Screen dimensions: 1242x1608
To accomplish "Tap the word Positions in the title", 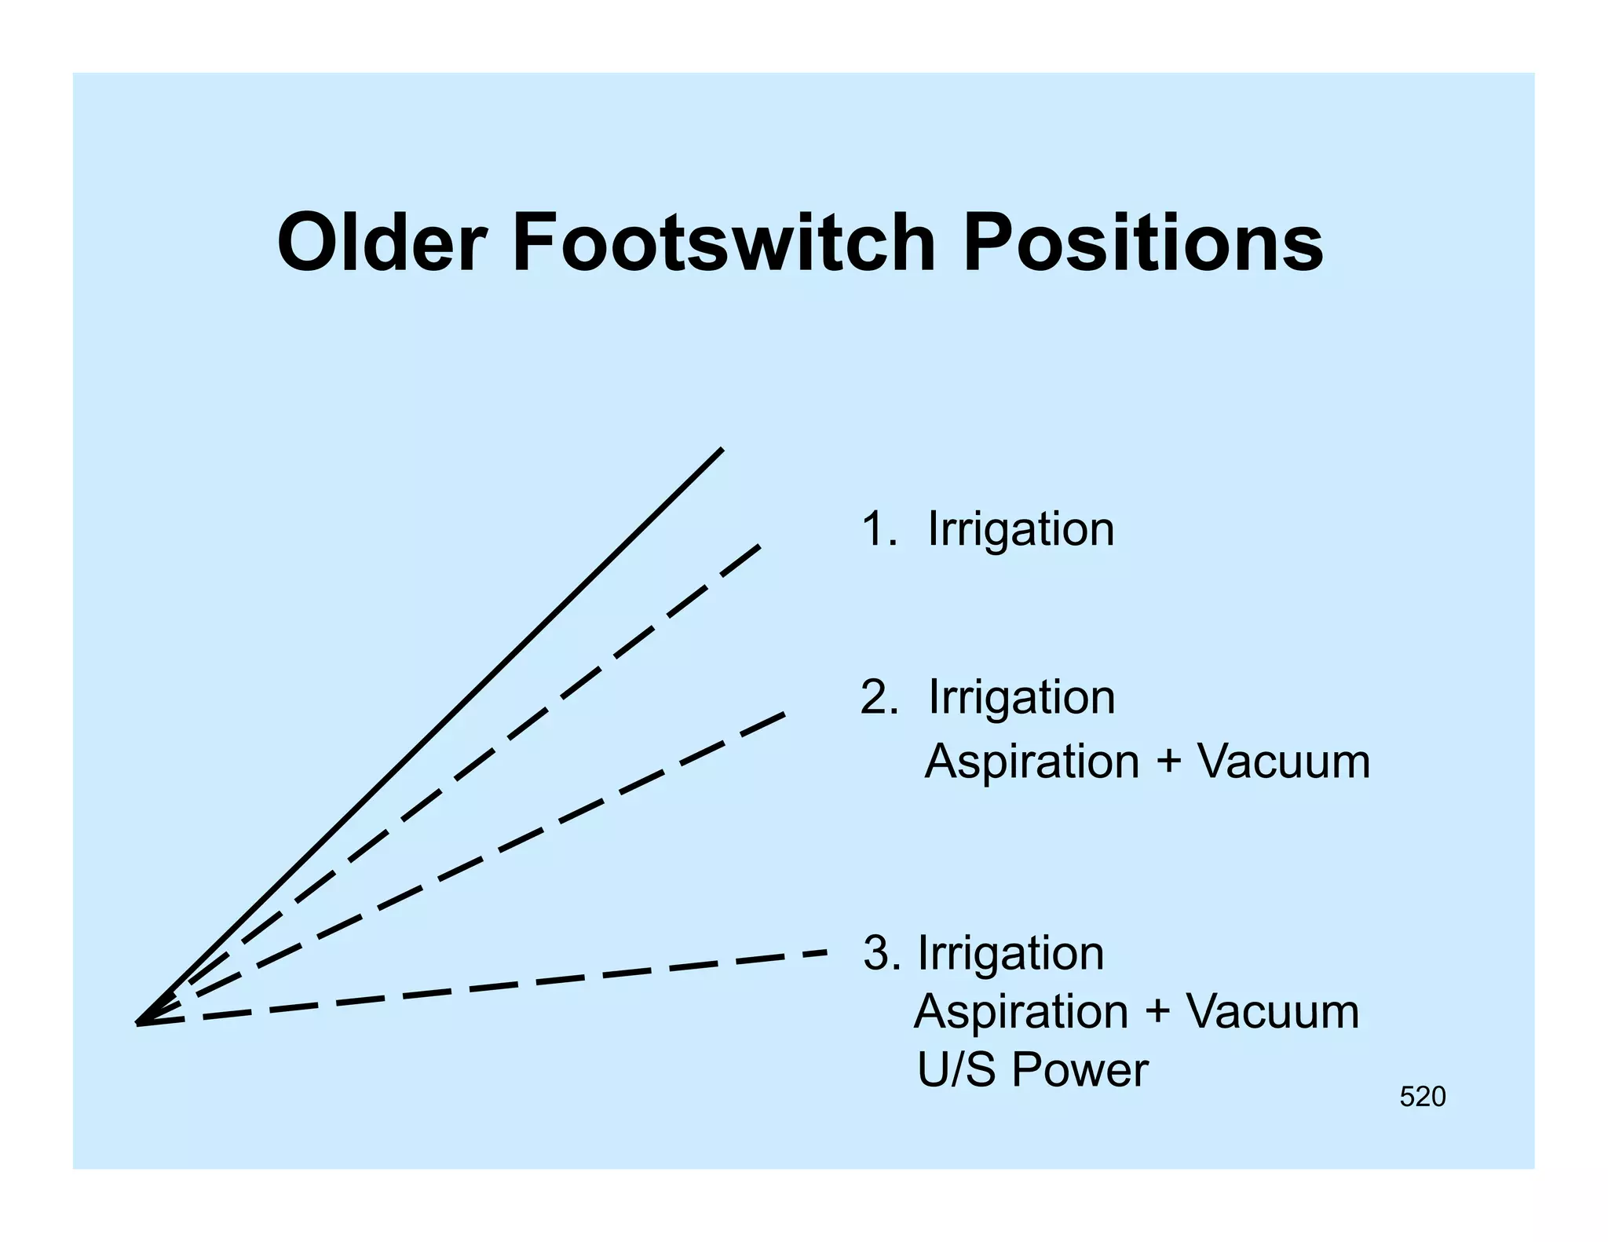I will tap(1142, 244).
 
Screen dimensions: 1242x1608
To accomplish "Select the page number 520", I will tap(1422, 1097).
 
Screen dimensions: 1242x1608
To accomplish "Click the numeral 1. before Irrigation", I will tap(878, 529).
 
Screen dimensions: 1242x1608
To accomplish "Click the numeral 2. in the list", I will tap(878, 697).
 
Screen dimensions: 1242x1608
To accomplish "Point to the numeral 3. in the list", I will tap(882, 953).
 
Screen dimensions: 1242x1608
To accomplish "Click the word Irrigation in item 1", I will tap(1021, 529).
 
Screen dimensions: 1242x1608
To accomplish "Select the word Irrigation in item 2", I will tap(1021, 697).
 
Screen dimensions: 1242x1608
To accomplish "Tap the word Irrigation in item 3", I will tap(1010, 953).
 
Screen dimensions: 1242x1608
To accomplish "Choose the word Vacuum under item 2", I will tap(1284, 762).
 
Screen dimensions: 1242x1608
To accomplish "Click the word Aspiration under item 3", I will tap(1021, 1012).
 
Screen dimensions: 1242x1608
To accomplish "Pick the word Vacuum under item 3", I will tap(1273, 1011).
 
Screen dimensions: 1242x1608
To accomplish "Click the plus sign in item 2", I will tap(1168, 762).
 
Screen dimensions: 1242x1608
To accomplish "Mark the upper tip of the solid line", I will tap(722, 449).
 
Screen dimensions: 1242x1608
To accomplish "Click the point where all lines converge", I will tap(139, 1023).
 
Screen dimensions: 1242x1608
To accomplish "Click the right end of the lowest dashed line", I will tap(825, 952).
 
